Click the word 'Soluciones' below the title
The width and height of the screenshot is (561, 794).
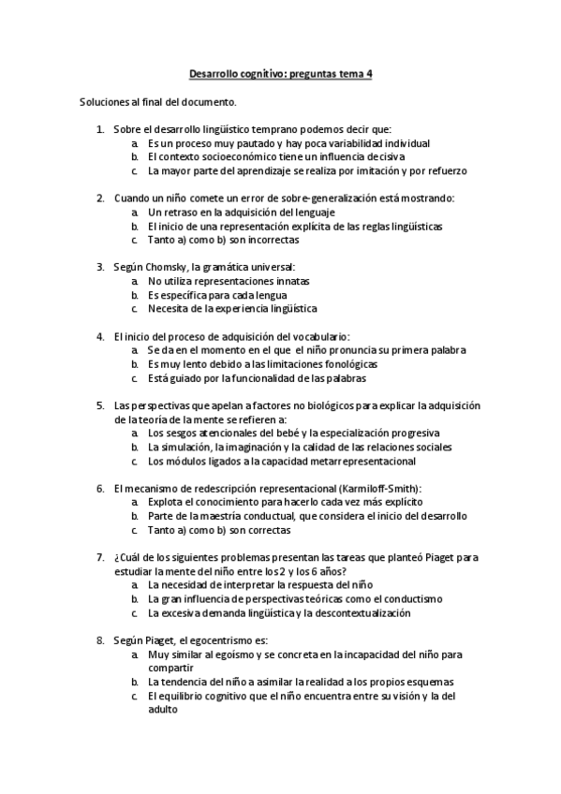tap(105, 100)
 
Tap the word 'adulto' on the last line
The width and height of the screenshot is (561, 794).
tap(162, 710)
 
